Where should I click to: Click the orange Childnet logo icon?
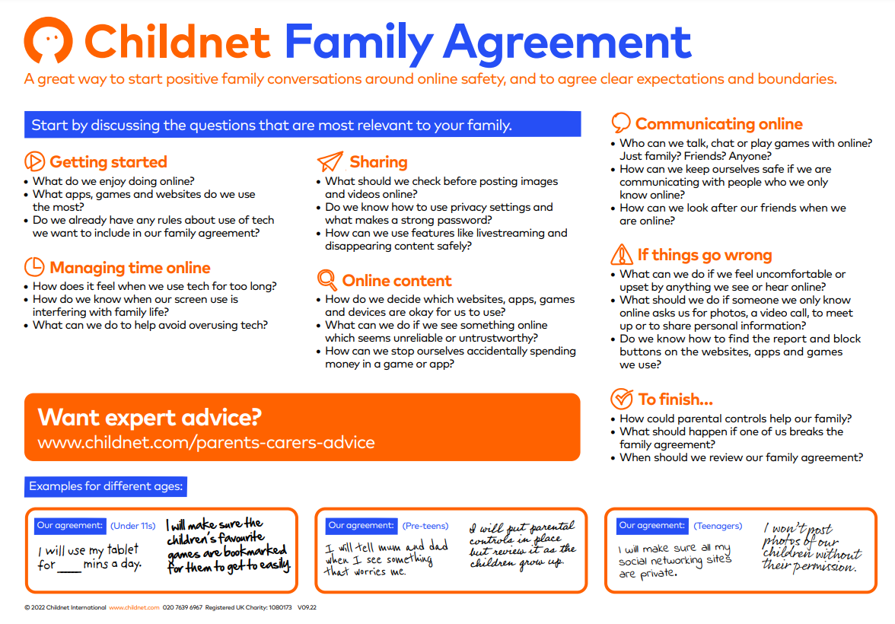(x=49, y=40)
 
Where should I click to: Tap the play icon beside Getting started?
(x=34, y=161)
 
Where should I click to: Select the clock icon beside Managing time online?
(x=34, y=267)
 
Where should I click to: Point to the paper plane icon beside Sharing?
(x=330, y=161)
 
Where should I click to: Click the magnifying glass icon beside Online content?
(x=326, y=280)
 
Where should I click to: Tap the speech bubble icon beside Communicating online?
(x=621, y=123)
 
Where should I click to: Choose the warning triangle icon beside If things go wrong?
(x=622, y=254)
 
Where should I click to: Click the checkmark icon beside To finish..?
(x=622, y=398)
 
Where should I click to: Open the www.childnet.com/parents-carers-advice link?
(x=206, y=442)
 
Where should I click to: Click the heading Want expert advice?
(x=150, y=417)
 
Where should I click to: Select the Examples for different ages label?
(x=106, y=486)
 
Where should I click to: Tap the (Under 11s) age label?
(x=132, y=525)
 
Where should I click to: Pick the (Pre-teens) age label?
(x=425, y=525)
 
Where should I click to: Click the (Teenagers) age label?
(x=718, y=525)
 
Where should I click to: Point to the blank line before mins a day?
(x=69, y=566)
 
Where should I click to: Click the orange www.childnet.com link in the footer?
(x=134, y=608)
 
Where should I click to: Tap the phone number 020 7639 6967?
(x=183, y=608)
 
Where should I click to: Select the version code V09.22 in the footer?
(x=307, y=608)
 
